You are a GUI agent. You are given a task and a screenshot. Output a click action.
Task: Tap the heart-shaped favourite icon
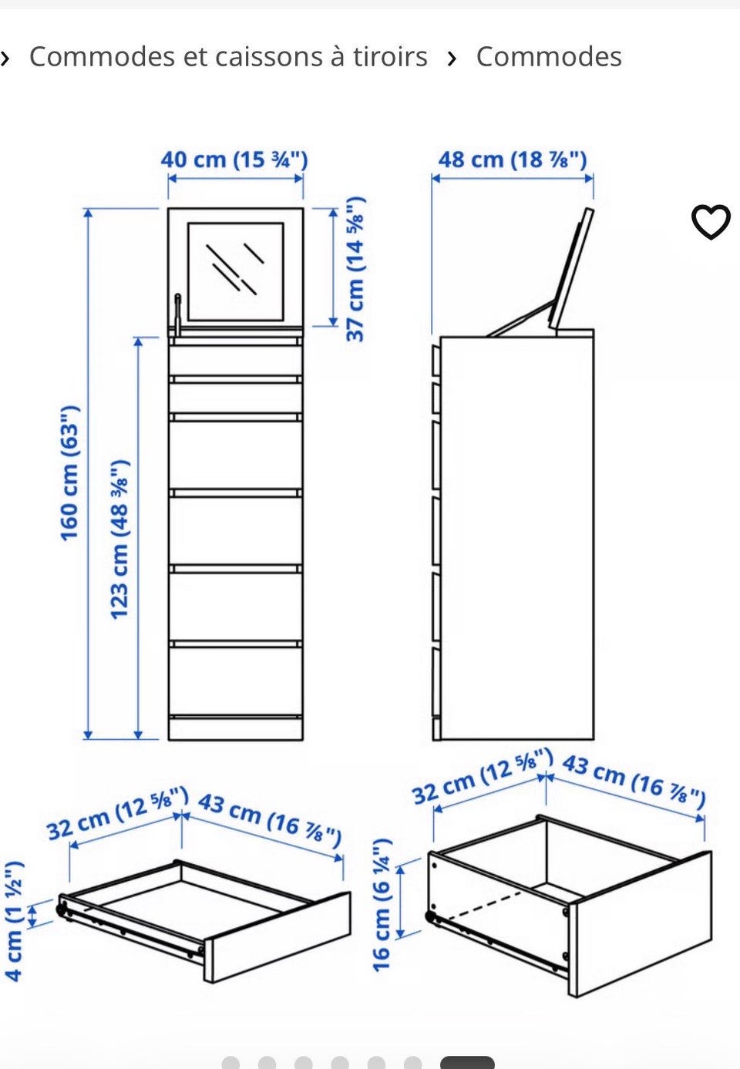pyautogui.click(x=711, y=221)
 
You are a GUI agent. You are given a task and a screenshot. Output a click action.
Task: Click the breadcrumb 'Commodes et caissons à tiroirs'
pyautogui.click(x=228, y=57)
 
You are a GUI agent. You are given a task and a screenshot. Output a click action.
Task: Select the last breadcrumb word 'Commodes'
pyautogui.click(x=549, y=57)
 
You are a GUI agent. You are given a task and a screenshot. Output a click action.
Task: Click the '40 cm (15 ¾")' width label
pyautogui.click(x=234, y=160)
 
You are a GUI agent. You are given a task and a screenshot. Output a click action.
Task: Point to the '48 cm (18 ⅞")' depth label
pyautogui.click(x=513, y=160)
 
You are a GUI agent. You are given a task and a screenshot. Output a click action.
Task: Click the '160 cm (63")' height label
pyautogui.click(x=69, y=473)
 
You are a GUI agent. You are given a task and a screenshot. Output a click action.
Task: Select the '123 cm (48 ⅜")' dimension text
pyautogui.click(x=119, y=540)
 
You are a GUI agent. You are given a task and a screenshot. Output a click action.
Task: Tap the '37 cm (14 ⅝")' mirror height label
pyautogui.click(x=355, y=269)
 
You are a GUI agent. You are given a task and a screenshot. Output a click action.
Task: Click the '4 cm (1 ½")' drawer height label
pyautogui.click(x=13, y=921)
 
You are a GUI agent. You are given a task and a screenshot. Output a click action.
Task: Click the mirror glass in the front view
pyautogui.click(x=236, y=271)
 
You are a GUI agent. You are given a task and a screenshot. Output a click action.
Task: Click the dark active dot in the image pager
pyautogui.click(x=467, y=1063)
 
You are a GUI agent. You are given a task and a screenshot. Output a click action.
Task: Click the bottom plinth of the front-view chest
pyautogui.click(x=236, y=728)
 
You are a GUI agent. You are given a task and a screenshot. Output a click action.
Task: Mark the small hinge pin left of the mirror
pyautogui.click(x=177, y=315)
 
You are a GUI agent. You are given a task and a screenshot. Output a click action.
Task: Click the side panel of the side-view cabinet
pyautogui.click(x=517, y=538)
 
